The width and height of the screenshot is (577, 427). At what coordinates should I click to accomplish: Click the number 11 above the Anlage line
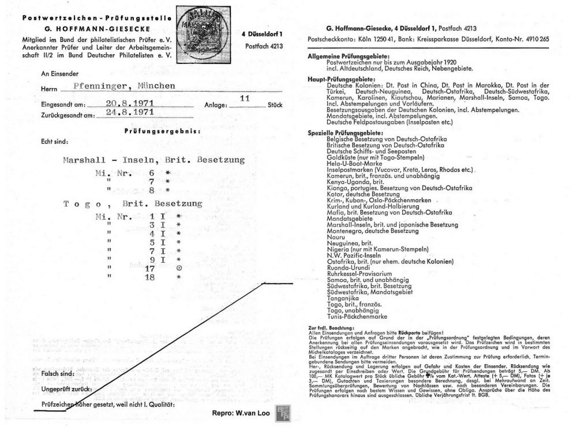244,98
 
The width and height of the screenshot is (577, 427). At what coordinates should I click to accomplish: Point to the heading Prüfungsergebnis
162,131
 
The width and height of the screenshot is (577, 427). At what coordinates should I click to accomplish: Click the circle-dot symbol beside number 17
179,268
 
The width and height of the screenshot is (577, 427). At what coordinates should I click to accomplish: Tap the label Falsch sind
57,374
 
